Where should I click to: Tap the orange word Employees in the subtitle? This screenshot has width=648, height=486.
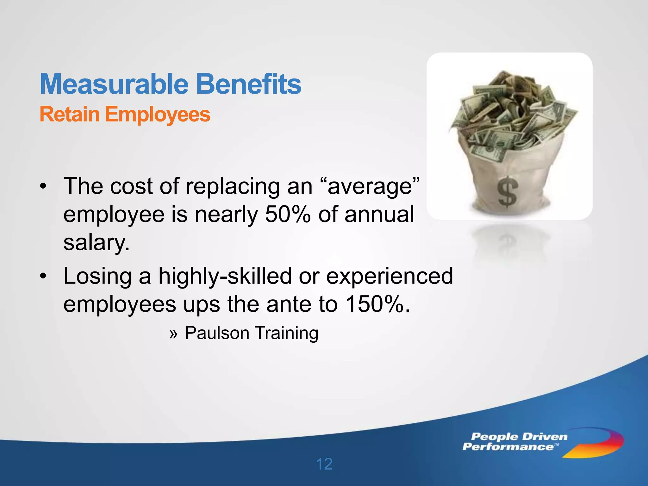click(x=158, y=115)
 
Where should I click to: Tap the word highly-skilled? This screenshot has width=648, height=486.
click(x=225, y=276)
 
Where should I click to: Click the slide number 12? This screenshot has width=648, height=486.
click(x=324, y=464)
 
